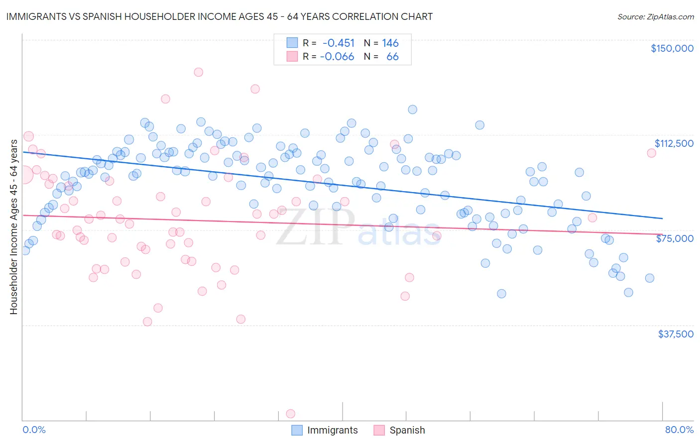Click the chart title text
[219, 16]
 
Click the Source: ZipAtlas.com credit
[655, 16]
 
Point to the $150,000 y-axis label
[672, 48]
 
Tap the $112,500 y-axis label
[674, 143]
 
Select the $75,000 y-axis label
[675, 238]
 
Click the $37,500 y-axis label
[675, 334]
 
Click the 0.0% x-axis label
[34, 430]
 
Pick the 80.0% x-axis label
[679, 430]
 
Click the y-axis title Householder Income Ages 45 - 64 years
[14, 227]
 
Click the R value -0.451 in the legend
[338, 43]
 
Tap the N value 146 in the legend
[390, 43]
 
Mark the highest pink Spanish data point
[198, 72]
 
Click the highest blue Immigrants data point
[412, 110]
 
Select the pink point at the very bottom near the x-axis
[291, 414]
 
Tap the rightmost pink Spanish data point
[651, 153]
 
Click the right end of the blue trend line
[662, 218]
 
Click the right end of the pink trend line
[662, 234]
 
